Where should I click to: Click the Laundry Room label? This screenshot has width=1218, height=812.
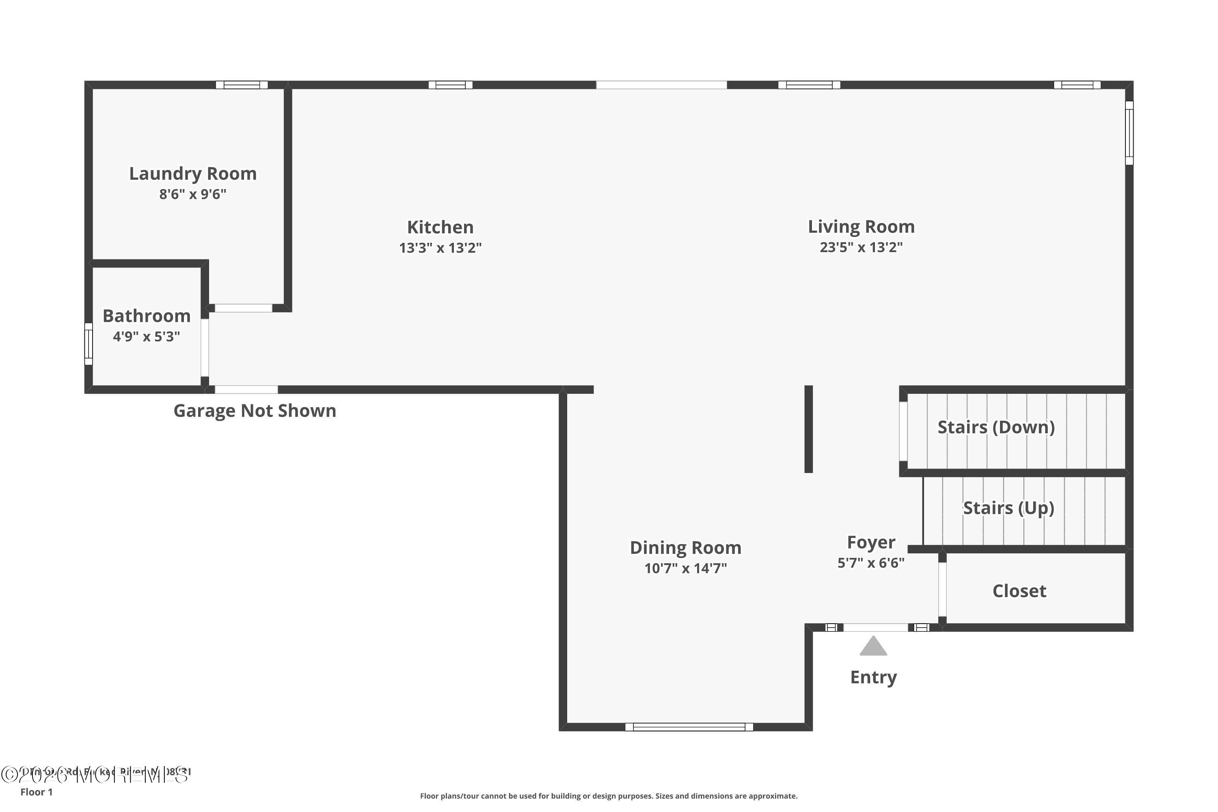tap(192, 173)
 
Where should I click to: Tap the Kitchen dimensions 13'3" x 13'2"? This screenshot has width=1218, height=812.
tap(440, 248)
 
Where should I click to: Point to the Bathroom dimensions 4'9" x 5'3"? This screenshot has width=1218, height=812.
tap(147, 337)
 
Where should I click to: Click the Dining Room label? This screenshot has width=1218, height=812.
tap(685, 547)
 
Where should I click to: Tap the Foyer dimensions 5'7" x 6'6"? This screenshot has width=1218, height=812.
tap(871, 563)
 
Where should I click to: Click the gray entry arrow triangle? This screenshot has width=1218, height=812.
tap(873, 647)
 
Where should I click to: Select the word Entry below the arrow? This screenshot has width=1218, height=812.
tap(873, 677)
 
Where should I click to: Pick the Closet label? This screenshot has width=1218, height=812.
tap(1019, 591)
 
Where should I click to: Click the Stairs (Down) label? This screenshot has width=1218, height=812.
tap(996, 427)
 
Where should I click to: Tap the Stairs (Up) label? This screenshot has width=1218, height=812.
tap(1008, 508)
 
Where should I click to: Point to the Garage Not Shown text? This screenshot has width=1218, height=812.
tap(255, 410)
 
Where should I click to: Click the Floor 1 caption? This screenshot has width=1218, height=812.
tap(36, 792)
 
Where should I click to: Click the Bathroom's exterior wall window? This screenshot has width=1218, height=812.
tap(89, 344)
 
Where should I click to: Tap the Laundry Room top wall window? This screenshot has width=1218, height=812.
tap(242, 85)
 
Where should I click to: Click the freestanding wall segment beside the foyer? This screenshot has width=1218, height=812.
tap(808, 429)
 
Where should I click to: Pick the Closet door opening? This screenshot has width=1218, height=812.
tap(942, 590)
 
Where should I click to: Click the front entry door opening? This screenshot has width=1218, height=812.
tap(876, 628)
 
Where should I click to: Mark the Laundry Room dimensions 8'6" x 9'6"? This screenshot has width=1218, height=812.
tap(192, 194)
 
